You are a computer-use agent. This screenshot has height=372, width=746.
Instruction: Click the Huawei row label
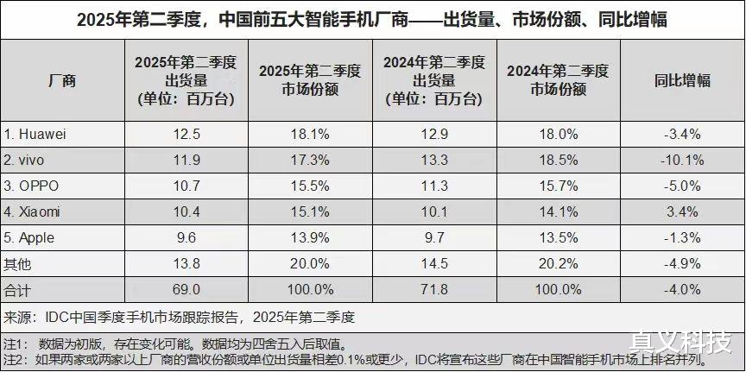[x=37, y=135]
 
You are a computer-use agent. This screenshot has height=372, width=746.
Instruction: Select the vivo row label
[x=29, y=160]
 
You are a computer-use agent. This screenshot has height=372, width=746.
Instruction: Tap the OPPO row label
[x=35, y=186]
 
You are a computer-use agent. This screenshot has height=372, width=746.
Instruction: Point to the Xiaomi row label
[x=35, y=211]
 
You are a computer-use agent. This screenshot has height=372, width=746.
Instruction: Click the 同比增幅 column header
[x=682, y=81]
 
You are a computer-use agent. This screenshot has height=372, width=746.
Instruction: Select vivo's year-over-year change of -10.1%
[x=682, y=160]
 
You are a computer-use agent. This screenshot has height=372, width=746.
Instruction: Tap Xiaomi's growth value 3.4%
[x=682, y=211]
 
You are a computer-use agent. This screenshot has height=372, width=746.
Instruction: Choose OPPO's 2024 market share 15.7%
[x=558, y=186]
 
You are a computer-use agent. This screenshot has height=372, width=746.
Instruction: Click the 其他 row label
[x=17, y=262]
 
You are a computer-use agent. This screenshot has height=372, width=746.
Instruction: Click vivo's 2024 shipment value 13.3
[x=434, y=160]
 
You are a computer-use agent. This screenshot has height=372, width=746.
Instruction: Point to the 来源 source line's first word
[x=19, y=315]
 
